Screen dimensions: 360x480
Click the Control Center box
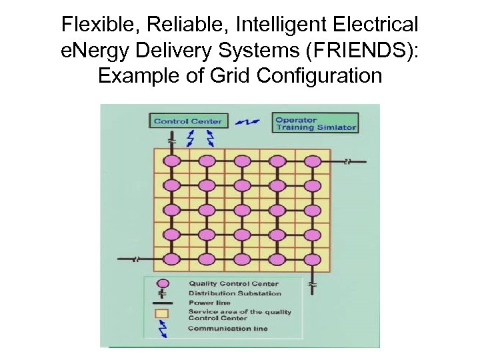coord(189,121)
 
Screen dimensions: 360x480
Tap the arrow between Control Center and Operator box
coord(251,122)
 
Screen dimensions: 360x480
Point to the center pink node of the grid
coord(242,210)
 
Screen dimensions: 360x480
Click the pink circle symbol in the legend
coord(162,283)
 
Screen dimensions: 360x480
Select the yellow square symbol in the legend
coord(162,313)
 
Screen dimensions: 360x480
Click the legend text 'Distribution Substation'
coord(235,293)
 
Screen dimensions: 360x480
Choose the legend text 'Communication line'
coord(228,329)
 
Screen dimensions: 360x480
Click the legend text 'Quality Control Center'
coord(233,284)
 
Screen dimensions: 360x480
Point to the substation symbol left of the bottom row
coord(137,259)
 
